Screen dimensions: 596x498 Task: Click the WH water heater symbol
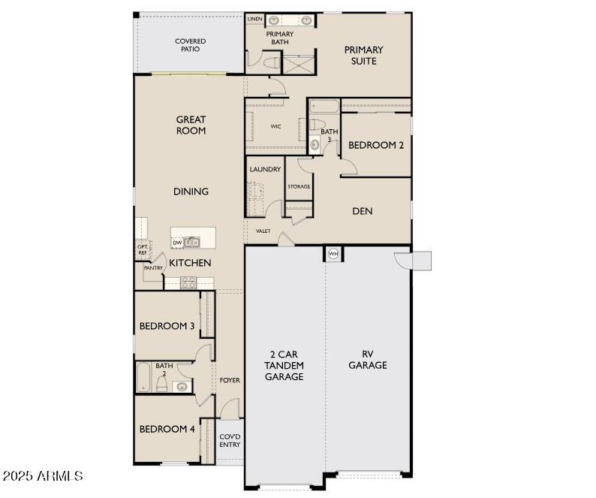coord(333,253)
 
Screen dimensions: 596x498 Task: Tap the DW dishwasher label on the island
coord(177,243)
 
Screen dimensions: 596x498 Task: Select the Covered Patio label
coord(191,45)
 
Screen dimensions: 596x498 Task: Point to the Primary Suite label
coord(364,55)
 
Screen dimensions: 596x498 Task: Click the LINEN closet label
coord(254,19)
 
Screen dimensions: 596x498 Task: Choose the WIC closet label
coord(275,126)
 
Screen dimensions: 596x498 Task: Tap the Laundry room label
coord(265,169)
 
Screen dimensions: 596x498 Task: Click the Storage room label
coord(299,186)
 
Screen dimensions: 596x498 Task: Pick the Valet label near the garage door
coord(263,231)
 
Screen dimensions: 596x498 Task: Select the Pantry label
coord(153,268)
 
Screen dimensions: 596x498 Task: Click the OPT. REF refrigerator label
coord(143,249)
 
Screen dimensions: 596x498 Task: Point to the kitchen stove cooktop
coord(188,282)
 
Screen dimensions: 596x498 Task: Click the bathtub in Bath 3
coord(324,107)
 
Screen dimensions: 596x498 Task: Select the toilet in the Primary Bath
coord(272,62)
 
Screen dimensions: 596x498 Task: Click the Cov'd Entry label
coord(230,441)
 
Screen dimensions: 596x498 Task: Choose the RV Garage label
coord(368,360)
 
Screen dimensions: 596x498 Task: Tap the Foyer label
coord(230,380)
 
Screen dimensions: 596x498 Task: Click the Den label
coord(363,211)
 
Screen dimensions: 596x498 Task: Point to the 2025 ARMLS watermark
coord(43,475)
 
